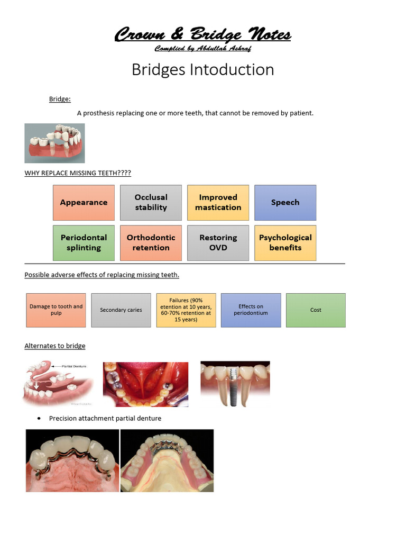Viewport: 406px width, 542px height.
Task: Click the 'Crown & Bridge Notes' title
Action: point(202,35)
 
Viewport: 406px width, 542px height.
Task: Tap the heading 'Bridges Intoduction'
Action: point(202,69)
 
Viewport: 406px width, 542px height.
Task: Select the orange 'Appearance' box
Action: point(84,203)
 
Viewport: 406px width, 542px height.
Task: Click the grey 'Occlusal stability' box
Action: point(151,203)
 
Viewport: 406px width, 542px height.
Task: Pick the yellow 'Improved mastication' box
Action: point(218,203)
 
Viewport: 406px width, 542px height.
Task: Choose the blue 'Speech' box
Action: point(285,203)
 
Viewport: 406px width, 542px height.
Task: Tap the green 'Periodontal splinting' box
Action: point(84,243)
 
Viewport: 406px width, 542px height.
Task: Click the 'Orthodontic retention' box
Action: point(151,243)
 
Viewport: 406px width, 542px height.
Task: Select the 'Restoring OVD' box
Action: point(218,243)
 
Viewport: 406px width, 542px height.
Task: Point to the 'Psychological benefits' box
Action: point(285,243)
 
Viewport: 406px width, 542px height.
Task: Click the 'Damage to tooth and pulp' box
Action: point(56,310)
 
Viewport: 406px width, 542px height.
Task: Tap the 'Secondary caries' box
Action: point(121,310)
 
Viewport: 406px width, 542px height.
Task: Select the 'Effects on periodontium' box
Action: point(251,310)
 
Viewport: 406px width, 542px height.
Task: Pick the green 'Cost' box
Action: point(316,310)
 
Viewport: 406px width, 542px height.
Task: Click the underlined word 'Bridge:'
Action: point(60,99)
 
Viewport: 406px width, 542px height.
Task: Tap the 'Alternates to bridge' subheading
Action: point(55,346)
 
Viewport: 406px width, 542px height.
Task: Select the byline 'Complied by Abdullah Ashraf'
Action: point(202,49)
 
